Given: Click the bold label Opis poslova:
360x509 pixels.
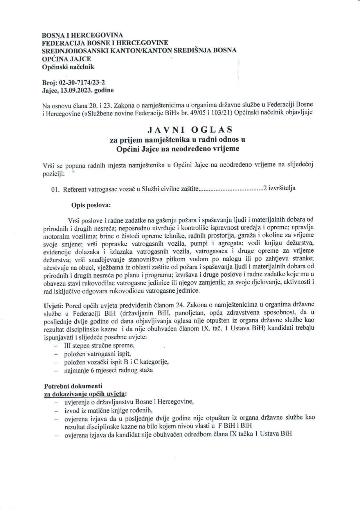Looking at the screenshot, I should click(91, 205).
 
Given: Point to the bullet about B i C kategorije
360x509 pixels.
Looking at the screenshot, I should click(116, 362).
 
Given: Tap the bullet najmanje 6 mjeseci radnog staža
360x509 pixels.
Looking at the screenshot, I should click(109, 370).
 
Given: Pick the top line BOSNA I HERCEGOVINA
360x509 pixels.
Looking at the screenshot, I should click(82, 35).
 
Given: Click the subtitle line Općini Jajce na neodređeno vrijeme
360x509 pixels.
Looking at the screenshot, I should click(177, 149).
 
